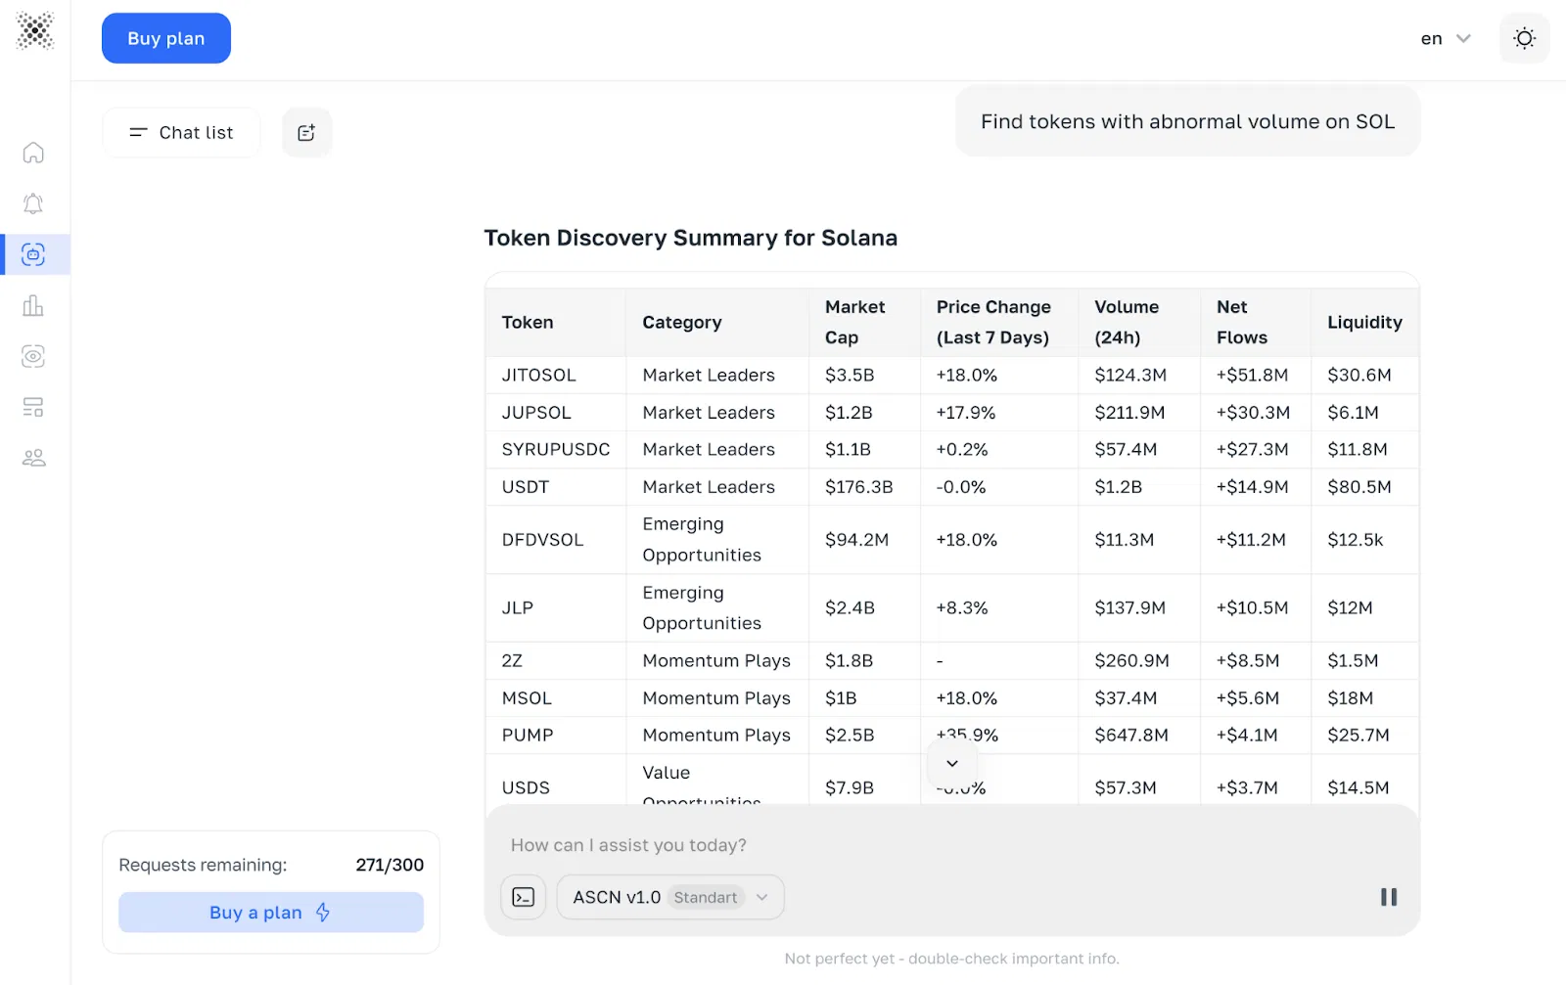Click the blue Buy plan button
(166, 38)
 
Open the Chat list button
(182, 132)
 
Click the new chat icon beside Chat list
(306, 132)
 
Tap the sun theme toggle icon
(1524, 38)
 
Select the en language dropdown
(1446, 39)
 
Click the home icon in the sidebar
(33, 153)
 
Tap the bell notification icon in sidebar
(33, 203)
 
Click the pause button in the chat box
(1388, 897)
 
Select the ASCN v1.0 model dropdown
(670, 897)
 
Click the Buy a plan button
(271, 913)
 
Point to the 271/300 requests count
(390, 865)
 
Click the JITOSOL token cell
(539, 375)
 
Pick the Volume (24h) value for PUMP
(1131, 735)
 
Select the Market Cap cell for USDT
(858, 486)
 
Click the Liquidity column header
(1364, 322)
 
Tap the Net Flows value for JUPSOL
(1253, 412)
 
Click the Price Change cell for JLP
(962, 607)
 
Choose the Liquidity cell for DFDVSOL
(1355, 539)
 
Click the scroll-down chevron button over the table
(951, 763)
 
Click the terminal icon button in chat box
(524, 897)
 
